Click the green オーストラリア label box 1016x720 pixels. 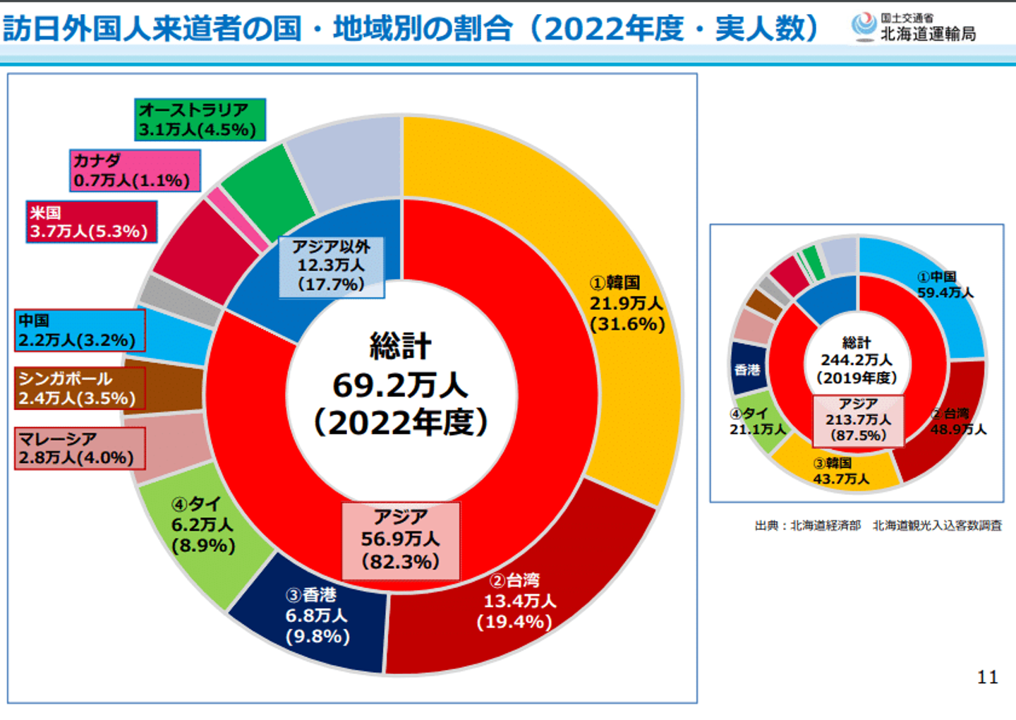(x=200, y=119)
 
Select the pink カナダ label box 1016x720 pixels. (x=134, y=170)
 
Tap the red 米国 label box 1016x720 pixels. (x=91, y=222)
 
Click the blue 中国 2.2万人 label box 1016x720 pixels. (x=79, y=330)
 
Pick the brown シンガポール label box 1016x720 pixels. (x=79, y=388)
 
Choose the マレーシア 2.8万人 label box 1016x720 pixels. (x=79, y=448)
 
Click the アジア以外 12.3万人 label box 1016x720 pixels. (x=331, y=266)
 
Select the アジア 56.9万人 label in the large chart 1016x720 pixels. (x=401, y=540)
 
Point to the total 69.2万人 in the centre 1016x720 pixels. (x=400, y=385)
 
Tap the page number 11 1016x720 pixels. (x=987, y=678)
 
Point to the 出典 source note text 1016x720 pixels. (x=878, y=526)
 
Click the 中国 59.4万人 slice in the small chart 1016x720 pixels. (x=938, y=296)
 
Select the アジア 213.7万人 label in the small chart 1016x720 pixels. (x=858, y=420)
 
